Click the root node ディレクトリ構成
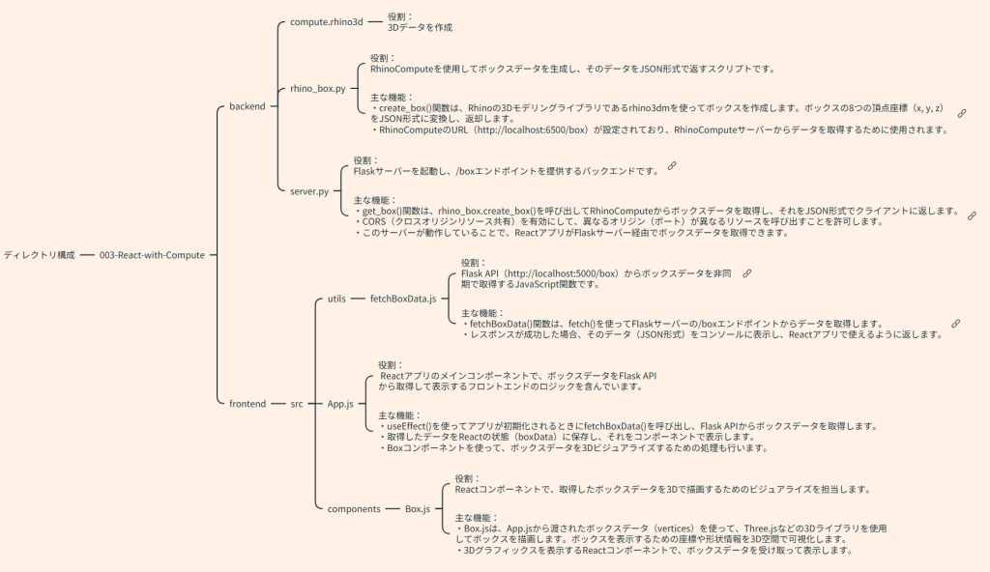coord(39,255)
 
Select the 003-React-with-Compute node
coord(152,255)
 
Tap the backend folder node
coord(247,106)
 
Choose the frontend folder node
coord(247,404)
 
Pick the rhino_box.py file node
coord(317,89)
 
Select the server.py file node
coord(309,191)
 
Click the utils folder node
coord(336,300)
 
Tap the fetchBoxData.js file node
coord(402,300)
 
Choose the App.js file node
coord(340,404)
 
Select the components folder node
coord(353,508)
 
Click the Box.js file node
coord(418,508)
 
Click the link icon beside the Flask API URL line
coord(746,273)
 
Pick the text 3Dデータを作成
coord(420,28)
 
